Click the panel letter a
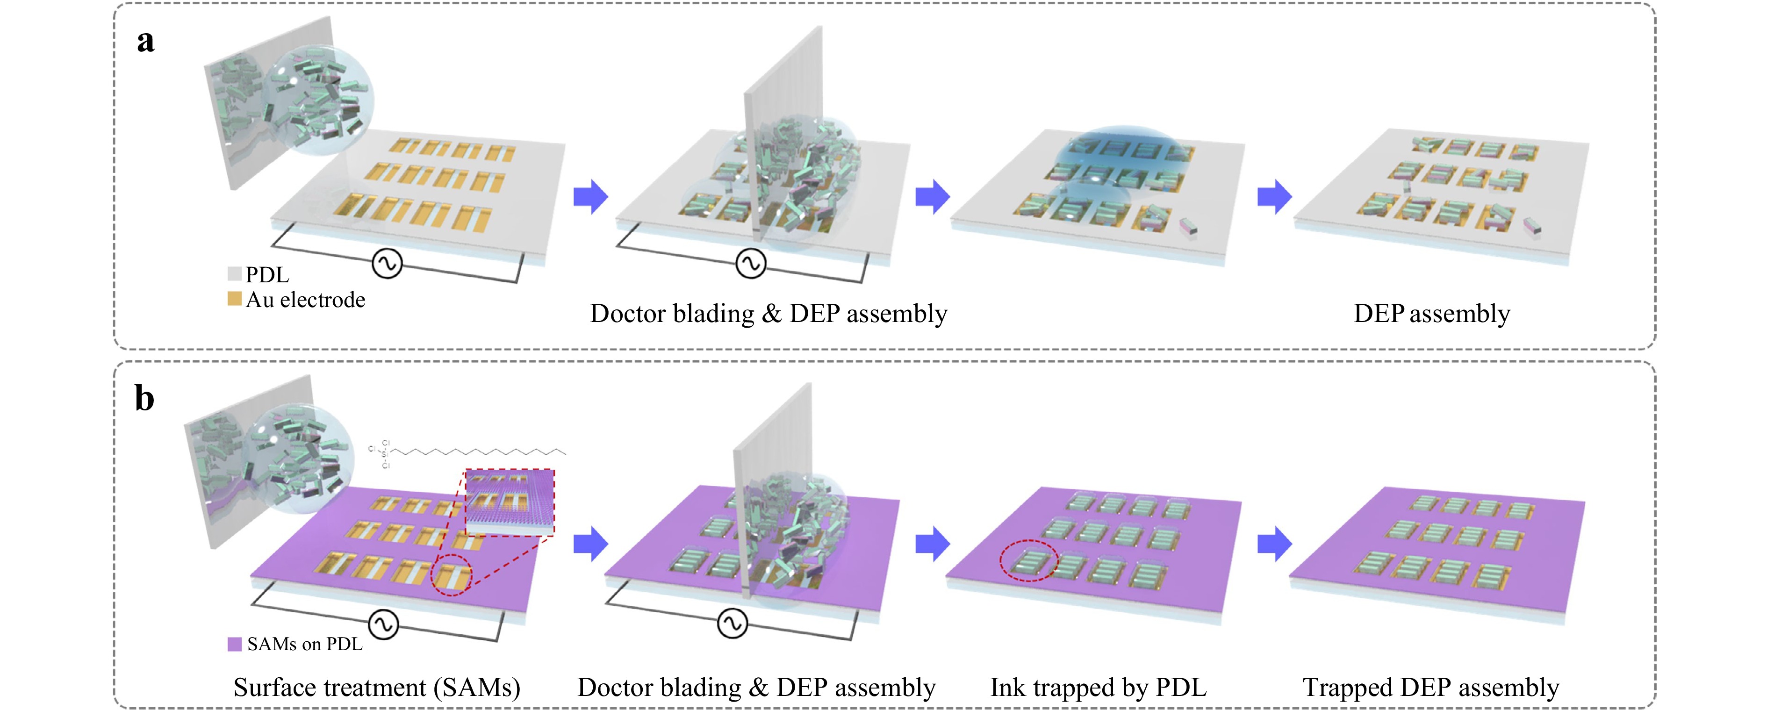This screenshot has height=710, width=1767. tap(145, 41)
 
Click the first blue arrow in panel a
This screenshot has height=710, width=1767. tap(590, 197)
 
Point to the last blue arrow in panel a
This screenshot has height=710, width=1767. tap(1274, 197)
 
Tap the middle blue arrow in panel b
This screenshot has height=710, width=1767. tap(932, 544)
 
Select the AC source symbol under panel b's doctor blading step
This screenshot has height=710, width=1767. tap(732, 624)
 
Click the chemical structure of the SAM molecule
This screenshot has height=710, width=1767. tap(467, 453)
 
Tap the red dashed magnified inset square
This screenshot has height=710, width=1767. tap(510, 502)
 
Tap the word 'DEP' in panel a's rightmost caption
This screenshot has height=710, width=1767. tap(1379, 314)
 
